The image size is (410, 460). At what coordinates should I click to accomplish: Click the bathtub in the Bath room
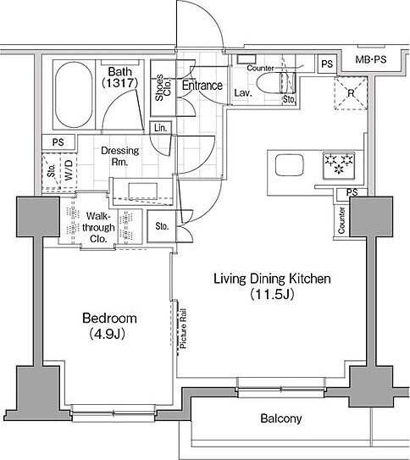point(74,95)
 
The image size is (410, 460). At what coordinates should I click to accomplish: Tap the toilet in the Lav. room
point(275,82)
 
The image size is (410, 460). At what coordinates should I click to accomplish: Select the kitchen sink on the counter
point(289,165)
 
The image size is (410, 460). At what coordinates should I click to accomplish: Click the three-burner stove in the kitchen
point(339,165)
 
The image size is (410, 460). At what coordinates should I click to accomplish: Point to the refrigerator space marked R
point(351,93)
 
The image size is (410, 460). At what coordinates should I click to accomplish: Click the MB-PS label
point(371,59)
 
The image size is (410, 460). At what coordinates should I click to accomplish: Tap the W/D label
point(69,170)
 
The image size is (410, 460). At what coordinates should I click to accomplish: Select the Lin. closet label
point(160,128)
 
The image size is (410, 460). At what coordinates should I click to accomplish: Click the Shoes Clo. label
point(163,87)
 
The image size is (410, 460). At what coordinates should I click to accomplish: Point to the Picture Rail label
point(183,329)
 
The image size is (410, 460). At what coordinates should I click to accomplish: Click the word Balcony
point(281,418)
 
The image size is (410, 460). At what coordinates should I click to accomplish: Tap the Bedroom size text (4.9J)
point(108,334)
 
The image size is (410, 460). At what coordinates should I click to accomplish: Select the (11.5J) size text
point(272,294)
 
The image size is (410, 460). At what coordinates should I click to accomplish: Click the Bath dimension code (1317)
point(119,83)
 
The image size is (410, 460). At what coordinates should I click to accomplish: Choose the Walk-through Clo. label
point(98,227)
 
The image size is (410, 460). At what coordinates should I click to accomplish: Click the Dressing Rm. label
point(120,156)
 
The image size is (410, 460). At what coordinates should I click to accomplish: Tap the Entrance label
point(202,86)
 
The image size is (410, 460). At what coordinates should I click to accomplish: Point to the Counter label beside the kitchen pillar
point(341,220)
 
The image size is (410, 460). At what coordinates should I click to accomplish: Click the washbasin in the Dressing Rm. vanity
point(143,191)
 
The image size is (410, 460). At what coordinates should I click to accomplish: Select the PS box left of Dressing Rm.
point(58,142)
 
